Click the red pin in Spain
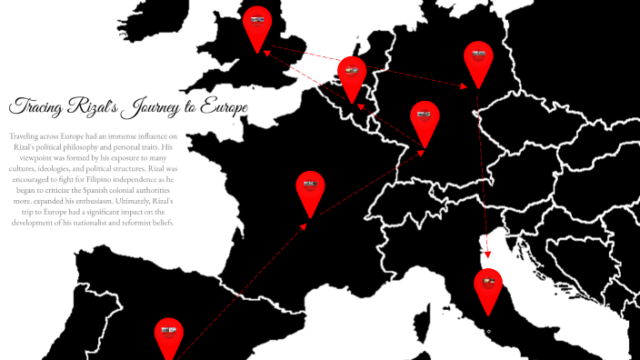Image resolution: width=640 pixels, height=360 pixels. coord(169,334)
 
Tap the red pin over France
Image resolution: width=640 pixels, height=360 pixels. coord(310,188)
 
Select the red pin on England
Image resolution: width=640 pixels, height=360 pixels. coord(257,25)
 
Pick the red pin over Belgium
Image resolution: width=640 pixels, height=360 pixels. coord(351,74)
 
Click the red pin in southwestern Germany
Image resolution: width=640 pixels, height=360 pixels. coord(425,118)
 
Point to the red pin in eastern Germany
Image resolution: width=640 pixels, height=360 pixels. coord(478,59)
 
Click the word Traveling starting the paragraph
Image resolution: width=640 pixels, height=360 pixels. coord(26,135)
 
